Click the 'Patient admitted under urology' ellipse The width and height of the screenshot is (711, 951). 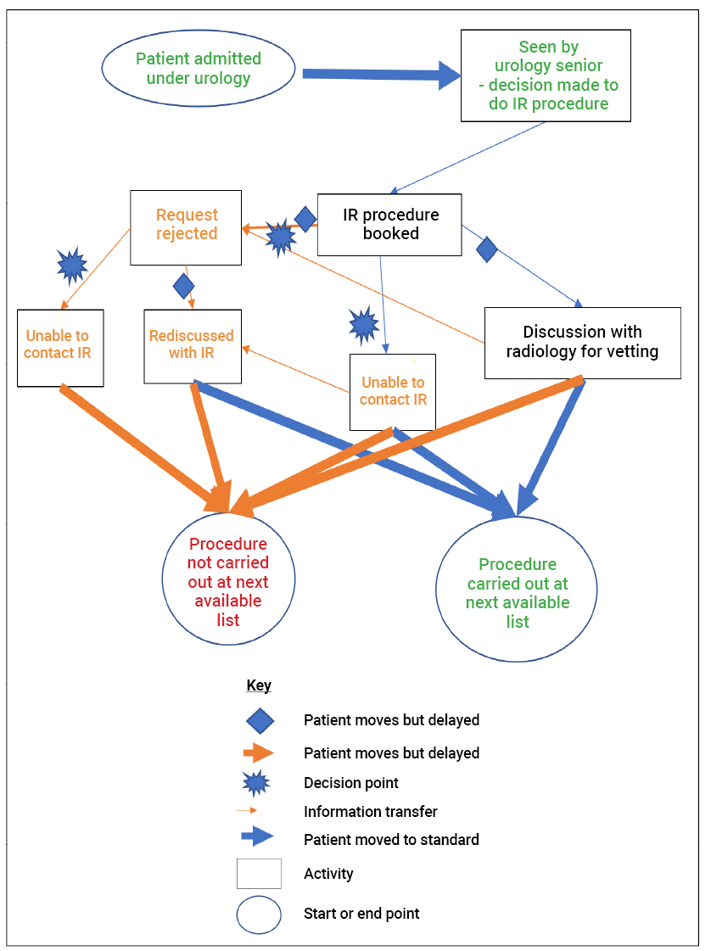199,70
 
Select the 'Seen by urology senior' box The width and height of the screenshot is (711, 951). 545,76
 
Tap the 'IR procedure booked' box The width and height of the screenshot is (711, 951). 390,224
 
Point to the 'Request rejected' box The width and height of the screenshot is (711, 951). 186,226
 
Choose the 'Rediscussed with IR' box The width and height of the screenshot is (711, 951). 192,345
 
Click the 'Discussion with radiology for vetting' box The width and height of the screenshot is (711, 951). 582,342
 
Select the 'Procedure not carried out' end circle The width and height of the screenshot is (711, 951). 228,580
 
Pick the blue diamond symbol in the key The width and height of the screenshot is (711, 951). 259,720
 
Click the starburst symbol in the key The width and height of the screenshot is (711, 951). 258,783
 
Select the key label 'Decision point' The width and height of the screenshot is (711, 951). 351,783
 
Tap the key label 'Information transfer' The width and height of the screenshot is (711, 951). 371,812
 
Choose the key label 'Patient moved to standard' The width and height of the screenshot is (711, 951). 391,840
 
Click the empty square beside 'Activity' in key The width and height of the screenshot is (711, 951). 259,874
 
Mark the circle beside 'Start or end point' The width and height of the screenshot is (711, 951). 259,915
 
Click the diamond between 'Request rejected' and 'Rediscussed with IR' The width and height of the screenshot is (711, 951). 183,286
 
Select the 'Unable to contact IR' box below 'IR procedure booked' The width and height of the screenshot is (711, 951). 392,391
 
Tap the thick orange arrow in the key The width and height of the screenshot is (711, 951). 258,752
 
